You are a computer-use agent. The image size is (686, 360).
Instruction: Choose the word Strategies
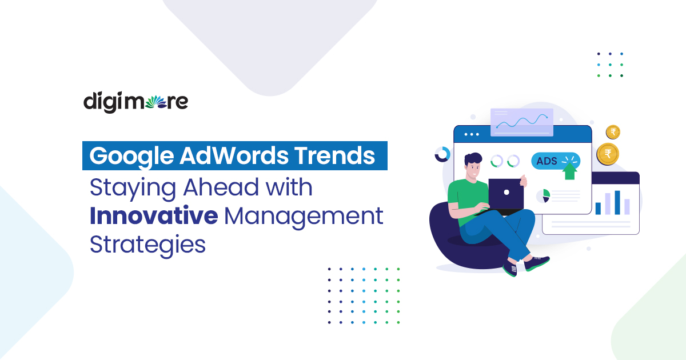pyautogui.click(x=147, y=245)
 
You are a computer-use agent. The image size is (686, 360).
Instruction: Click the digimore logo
pyautogui.click(x=135, y=102)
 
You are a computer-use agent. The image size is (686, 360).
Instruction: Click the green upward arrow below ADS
pyautogui.click(x=569, y=171)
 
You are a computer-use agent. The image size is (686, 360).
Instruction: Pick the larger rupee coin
pyautogui.click(x=608, y=154)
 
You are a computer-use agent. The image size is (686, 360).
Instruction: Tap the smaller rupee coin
pyautogui.click(x=613, y=133)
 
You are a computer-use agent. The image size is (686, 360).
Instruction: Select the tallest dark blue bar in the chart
pyautogui.click(x=617, y=202)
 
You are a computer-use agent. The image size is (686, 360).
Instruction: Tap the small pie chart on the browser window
pyautogui.click(x=543, y=196)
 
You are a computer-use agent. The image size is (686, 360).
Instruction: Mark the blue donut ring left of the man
pyautogui.click(x=442, y=154)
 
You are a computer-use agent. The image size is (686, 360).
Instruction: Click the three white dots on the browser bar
pyautogui.click(x=472, y=134)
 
